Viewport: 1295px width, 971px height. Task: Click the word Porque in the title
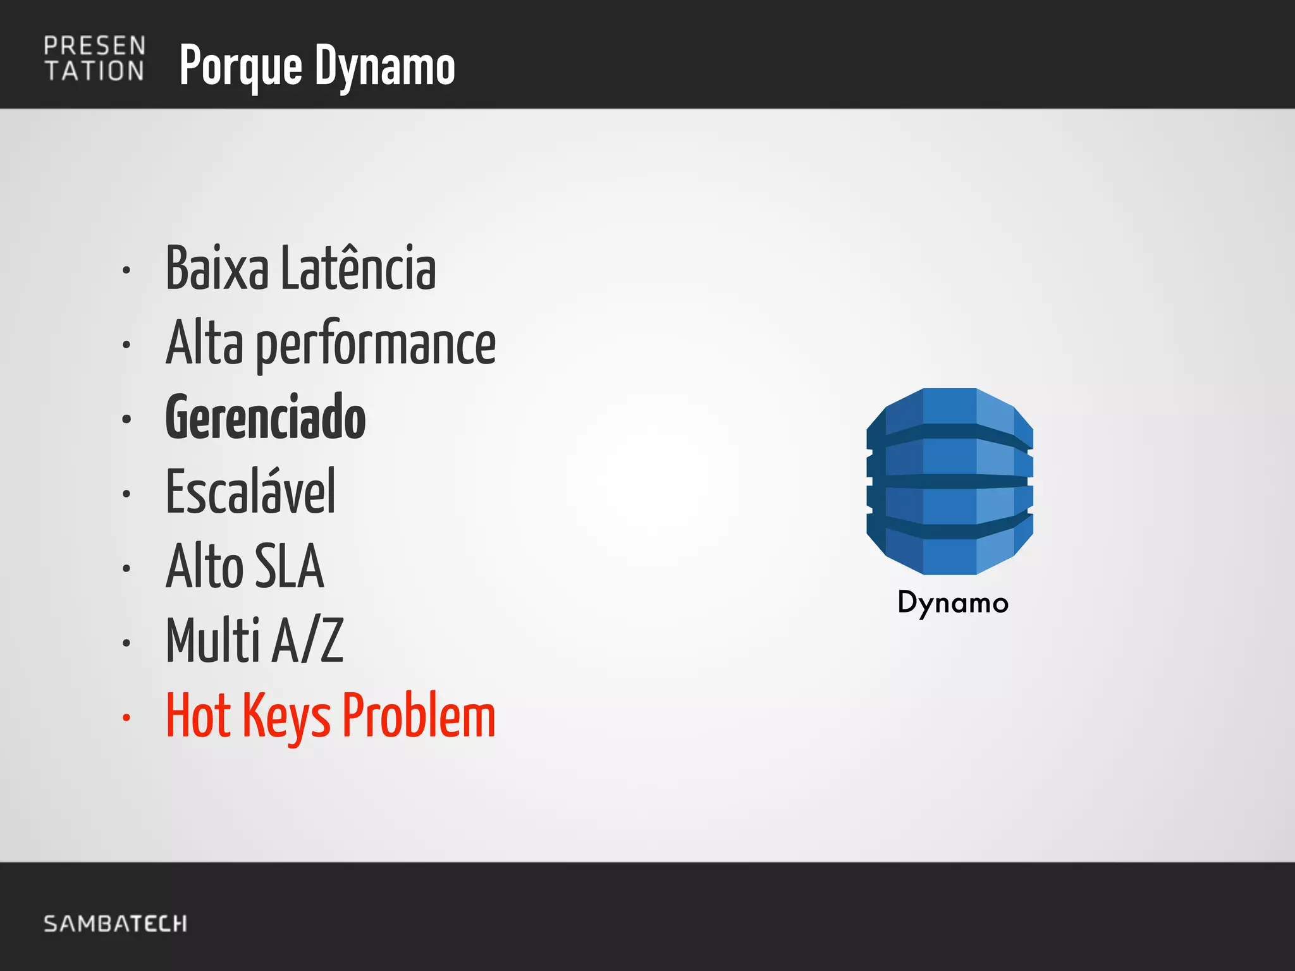(x=241, y=66)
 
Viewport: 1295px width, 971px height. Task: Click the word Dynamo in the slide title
(x=385, y=66)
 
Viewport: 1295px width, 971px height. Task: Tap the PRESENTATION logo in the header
(x=95, y=59)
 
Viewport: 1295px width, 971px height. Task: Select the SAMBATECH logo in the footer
(x=115, y=924)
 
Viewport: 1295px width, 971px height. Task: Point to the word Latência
(x=358, y=269)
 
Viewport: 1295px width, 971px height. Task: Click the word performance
(x=376, y=345)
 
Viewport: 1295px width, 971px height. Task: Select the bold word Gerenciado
(x=266, y=417)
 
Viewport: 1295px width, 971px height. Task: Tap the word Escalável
(x=250, y=491)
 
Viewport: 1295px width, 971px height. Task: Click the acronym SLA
(x=289, y=566)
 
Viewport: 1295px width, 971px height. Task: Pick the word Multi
(x=213, y=640)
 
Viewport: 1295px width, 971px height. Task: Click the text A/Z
(x=309, y=640)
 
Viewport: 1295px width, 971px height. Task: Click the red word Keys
(x=286, y=717)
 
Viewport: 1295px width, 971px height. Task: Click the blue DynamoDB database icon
(x=949, y=481)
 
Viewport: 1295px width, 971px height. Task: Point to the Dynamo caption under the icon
(x=952, y=603)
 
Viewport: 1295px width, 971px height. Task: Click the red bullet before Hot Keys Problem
(x=126, y=718)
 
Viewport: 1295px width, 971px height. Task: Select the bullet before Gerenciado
(x=126, y=419)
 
